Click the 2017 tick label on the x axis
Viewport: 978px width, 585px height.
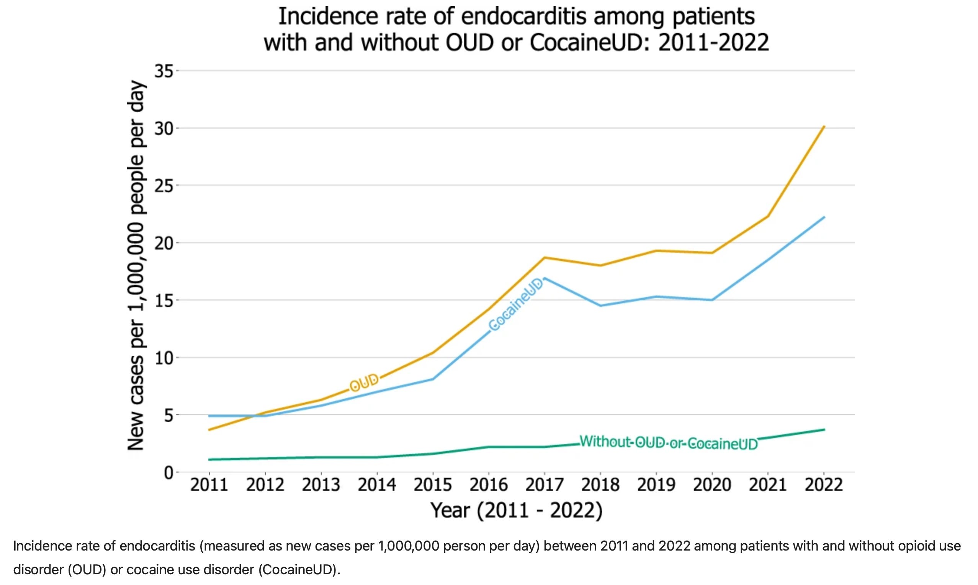click(x=545, y=484)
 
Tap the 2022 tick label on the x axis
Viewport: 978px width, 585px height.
click(x=823, y=484)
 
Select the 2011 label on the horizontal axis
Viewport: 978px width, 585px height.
click(x=209, y=484)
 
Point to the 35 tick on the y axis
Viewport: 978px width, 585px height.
click(x=164, y=71)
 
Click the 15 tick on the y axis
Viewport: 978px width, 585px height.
click(x=164, y=301)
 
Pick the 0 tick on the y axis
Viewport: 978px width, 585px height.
click(x=168, y=473)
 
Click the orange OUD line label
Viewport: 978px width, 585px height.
click(x=364, y=382)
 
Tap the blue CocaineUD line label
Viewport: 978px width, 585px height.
click(x=516, y=305)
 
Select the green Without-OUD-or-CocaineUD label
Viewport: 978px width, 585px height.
click(x=669, y=443)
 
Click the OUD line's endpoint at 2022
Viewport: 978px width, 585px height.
click(x=823, y=127)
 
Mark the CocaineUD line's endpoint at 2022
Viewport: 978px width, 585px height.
click(x=823, y=217)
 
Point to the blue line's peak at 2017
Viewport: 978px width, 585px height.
click(x=545, y=278)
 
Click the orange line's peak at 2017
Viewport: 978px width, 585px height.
click(x=545, y=258)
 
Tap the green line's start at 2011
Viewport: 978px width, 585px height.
click(x=209, y=459)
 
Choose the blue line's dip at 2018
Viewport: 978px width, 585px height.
click(x=600, y=306)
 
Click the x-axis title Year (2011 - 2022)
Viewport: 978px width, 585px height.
click(x=517, y=510)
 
